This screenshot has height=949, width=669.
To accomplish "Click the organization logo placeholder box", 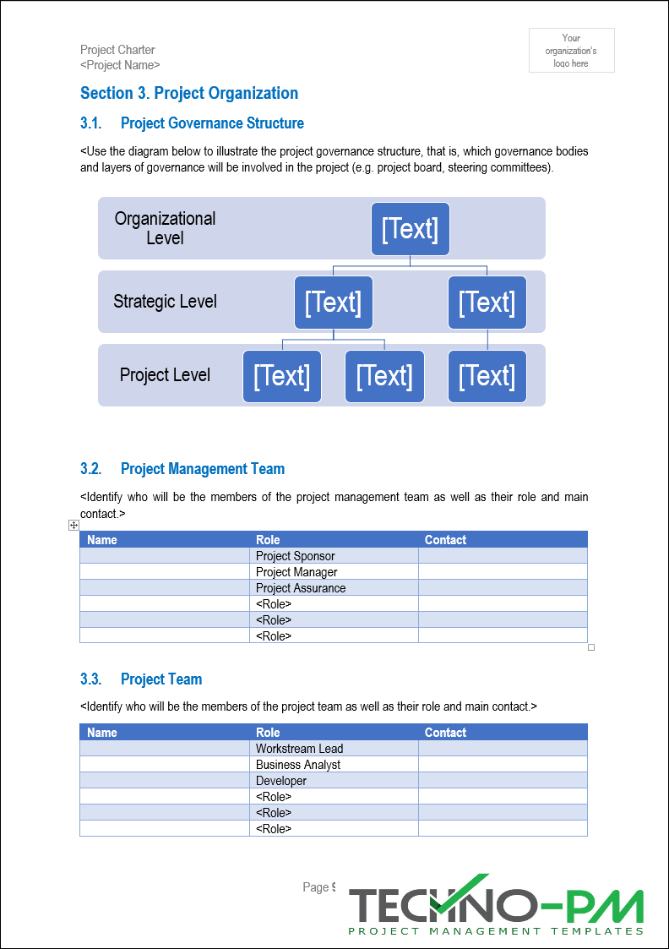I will click(x=571, y=51).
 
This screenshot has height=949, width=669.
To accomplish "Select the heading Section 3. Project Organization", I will click(x=188, y=94).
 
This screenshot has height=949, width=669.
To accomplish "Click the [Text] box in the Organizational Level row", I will click(x=410, y=229).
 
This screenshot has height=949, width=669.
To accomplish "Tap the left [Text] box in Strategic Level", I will click(x=333, y=303).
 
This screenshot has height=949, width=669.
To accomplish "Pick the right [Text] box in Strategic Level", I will click(x=487, y=303).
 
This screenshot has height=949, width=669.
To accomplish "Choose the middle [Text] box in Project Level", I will click(x=384, y=376).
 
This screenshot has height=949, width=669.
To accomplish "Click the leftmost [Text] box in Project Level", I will click(x=281, y=376).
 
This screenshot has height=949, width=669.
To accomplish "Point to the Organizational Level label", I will click(x=165, y=228).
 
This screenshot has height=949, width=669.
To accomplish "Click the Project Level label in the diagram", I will click(x=165, y=375).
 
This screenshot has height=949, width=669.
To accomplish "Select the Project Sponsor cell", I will click(x=296, y=556).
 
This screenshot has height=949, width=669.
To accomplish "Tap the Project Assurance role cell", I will click(x=301, y=588).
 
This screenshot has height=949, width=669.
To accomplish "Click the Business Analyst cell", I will click(x=298, y=765).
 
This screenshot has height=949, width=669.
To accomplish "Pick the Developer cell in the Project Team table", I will click(x=281, y=781).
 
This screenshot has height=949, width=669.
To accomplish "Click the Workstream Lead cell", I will click(x=299, y=749).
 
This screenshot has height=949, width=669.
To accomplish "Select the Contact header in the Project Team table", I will click(x=445, y=733).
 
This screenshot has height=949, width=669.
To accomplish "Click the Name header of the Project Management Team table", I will click(x=102, y=540).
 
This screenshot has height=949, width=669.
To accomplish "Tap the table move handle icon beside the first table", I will click(x=74, y=526).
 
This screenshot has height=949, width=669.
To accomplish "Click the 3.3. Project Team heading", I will click(x=141, y=679).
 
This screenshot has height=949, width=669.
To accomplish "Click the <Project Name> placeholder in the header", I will click(x=120, y=65).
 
